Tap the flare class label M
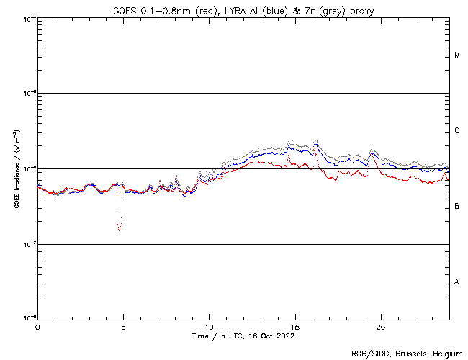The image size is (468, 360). pyautogui.click(x=457, y=55)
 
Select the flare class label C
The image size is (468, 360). pyautogui.click(x=457, y=131)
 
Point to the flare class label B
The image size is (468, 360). pyautogui.click(x=457, y=207)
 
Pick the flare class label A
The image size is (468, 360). pyautogui.click(x=457, y=282)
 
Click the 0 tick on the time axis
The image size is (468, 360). pyautogui.click(x=37, y=327)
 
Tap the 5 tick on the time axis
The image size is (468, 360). pyautogui.click(x=123, y=327)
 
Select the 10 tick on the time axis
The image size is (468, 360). pyautogui.click(x=209, y=327)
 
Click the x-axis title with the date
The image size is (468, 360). pyautogui.click(x=243, y=336)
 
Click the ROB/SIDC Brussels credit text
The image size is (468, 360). pyautogui.click(x=407, y=353)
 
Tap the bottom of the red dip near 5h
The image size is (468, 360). pyautogui.click(x=120, y=230)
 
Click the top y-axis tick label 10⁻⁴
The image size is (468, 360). pyautogui.click(x=30, y=18)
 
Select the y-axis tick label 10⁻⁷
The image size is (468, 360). pyautogui.click(x=30, y=244)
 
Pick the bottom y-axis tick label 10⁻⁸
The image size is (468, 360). pyautogui.click(x=30, y=318)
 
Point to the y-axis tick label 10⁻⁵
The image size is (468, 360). pyautogui.click(x=30, y=93)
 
